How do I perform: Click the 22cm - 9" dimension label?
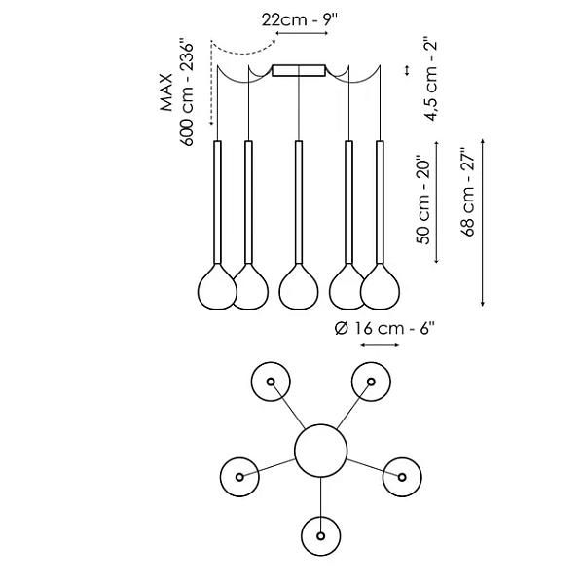click(300, 18)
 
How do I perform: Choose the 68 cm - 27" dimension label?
click(469, 194)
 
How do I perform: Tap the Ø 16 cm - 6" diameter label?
click(383, 329)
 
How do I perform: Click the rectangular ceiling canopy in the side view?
click(300, 71)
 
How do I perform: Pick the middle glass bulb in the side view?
click(299, 287)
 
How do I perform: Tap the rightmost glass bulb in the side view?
click(382, 287)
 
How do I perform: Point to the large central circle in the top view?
click(320, 454)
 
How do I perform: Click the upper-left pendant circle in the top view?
click(271, 381)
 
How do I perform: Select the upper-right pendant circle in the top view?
click(371, 381)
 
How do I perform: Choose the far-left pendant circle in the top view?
click(239, 476)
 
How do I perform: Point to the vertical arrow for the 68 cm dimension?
click(484, 223)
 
